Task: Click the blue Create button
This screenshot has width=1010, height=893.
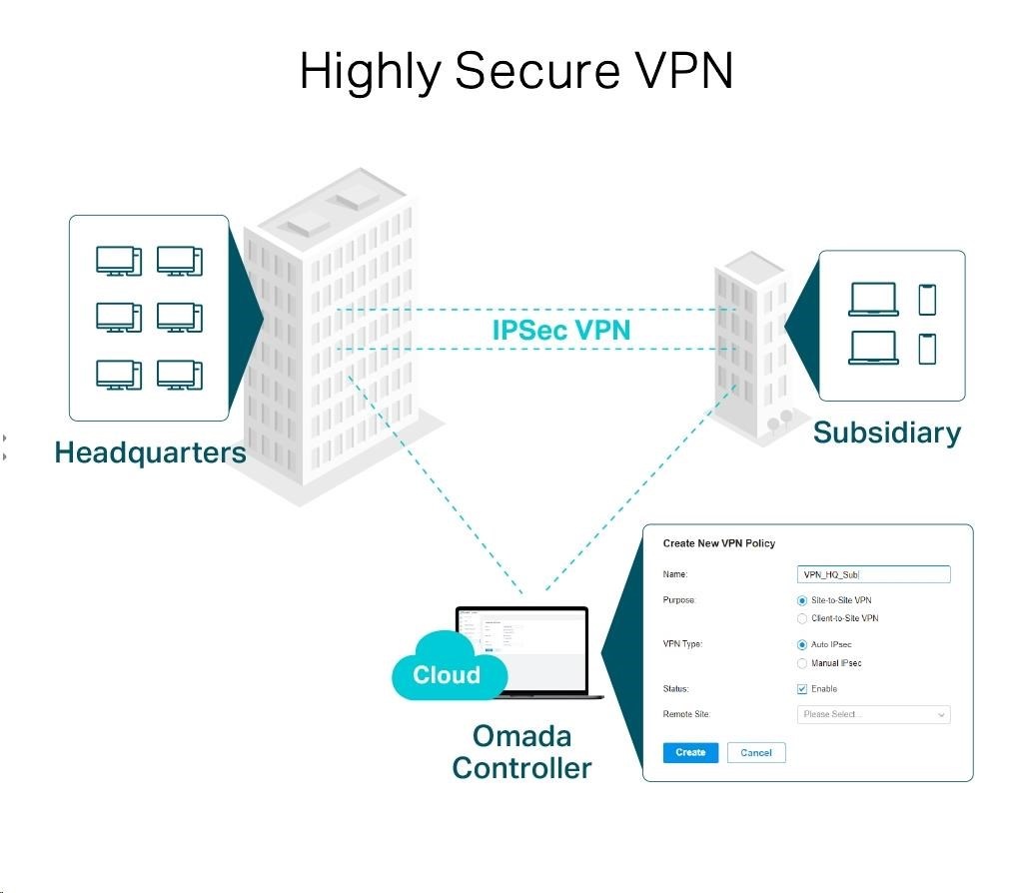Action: (690, 752)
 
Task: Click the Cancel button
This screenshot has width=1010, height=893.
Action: (756, 752)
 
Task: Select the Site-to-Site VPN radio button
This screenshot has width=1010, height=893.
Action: (802, 600)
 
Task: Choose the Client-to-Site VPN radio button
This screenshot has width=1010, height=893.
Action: (802, 618)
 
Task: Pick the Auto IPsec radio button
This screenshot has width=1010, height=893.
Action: (802, 644)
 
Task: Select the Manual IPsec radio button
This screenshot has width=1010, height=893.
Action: (802, 663)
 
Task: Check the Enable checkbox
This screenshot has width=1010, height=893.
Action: (802, 689)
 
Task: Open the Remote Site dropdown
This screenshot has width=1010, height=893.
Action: (873, 714)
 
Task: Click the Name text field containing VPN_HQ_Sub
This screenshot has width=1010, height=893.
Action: (873, 574)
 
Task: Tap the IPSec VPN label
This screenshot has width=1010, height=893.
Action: (561, 330)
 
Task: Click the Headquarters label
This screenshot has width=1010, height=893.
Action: (150, 452)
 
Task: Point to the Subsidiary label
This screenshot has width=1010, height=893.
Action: (886, 433)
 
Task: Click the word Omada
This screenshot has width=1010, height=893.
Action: (521, 736)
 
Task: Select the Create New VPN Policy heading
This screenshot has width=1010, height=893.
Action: (719, 543)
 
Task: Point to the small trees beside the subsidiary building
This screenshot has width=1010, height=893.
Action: (779, 421)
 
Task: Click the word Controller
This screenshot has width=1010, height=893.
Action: (521, 768)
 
